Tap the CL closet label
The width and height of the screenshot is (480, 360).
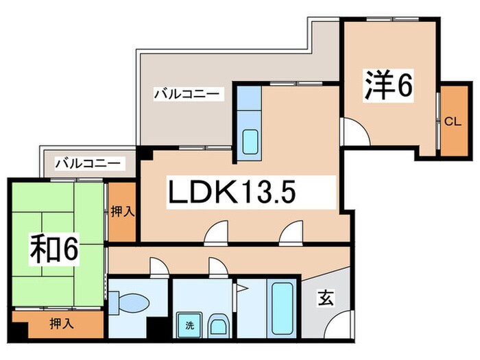pos(451,122)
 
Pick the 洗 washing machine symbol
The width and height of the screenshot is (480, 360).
pos(187,325)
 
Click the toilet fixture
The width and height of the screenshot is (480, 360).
pos(134,302)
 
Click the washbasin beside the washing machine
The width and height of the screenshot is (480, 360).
pos(217,326)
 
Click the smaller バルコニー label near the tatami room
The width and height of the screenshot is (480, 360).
pos(87,164)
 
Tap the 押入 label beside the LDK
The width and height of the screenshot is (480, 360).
pos(122,211)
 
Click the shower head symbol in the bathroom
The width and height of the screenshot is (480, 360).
pos(241,288)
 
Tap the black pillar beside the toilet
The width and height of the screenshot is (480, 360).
pos(160,328)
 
